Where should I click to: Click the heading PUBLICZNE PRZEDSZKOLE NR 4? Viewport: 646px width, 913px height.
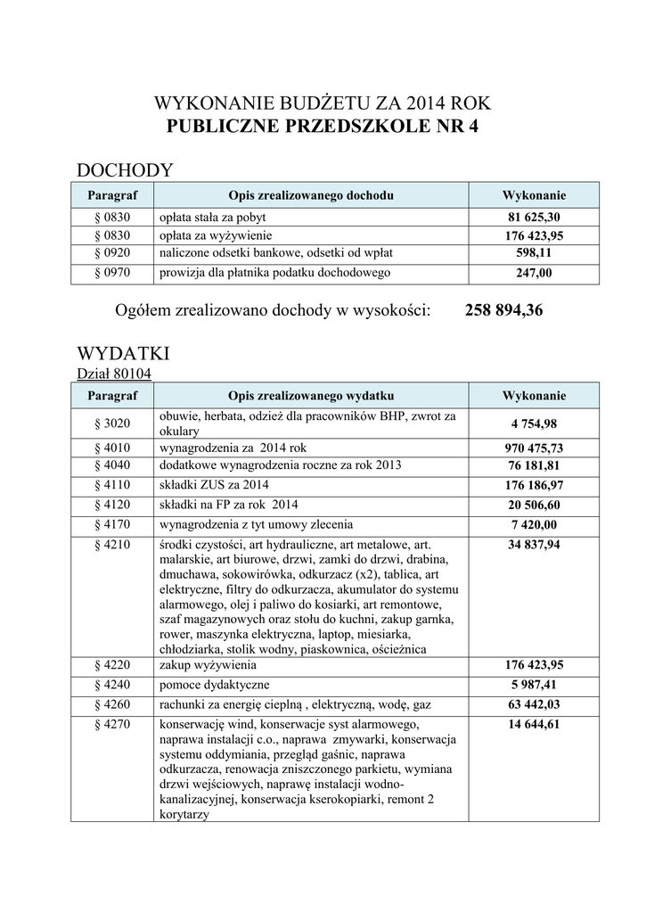point(323,127)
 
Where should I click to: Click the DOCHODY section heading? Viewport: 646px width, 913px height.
point(125,170)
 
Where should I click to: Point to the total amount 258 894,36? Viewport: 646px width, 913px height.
point(503,310)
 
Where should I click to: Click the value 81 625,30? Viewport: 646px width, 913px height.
point(535,218)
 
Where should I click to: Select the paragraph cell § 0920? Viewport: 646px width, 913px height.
point(112,254)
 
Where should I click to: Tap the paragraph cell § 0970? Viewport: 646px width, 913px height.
point(112,273)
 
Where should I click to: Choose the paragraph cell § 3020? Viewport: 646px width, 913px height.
point(112,423)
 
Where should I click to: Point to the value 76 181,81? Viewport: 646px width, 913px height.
point(535,465)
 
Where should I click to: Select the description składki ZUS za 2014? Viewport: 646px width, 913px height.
point(214,485)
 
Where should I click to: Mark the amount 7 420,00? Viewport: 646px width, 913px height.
point(535,524)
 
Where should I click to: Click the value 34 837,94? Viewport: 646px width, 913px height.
point(535,544)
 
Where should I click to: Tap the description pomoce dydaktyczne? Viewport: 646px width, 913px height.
point(213,685)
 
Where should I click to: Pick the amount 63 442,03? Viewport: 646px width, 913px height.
point(535,704)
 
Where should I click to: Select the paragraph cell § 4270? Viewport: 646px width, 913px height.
point(112,724)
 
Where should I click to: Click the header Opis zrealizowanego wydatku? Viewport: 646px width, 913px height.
point(311,395)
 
